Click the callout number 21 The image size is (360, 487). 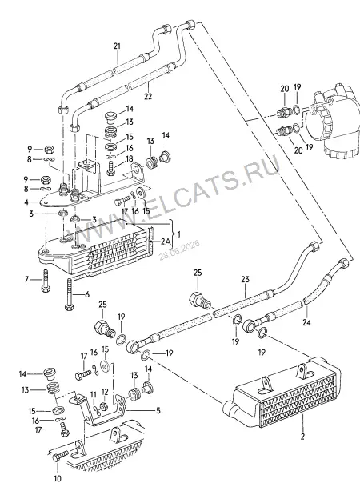click(x=117, y=46)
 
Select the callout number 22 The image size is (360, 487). click(x=148, y=96)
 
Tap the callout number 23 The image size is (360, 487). click(x=245, y=279)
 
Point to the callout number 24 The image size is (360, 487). click(x=307, y=323)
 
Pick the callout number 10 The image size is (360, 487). click(x=58, y=478)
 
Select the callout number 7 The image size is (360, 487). click(x=26, y=280)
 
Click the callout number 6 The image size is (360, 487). click(x=86, y=294)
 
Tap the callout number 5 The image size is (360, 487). click(x=158, y=411)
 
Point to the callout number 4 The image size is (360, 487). click(x=26, y=202)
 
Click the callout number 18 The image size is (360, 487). click(x=130, y=159)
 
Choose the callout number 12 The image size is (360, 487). click(x=105, y=391)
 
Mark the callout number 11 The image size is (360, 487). click(x=94, y=394)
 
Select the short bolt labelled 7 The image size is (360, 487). click(x=46, y=281)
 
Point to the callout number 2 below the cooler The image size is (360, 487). click(x=302, y=437)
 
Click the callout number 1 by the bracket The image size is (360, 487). click(x=178, y=234)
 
